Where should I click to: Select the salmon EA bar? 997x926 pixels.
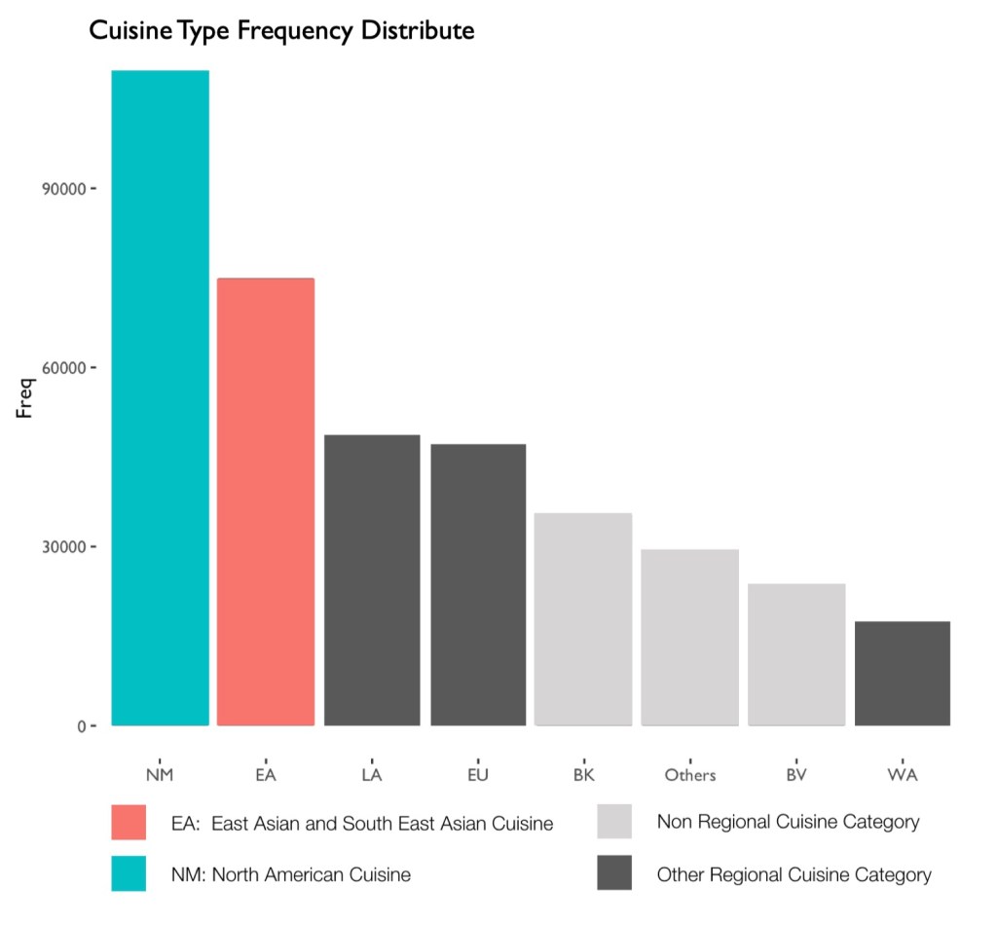(266, 501)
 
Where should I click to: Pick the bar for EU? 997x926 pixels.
(478, 584)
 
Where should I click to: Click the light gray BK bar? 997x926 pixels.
(583, 618)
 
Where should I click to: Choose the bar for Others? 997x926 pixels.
(689, 637)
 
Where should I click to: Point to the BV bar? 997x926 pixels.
(796, 654)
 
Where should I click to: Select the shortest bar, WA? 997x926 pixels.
(902, 673)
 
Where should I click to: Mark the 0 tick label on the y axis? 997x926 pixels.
(81, 726)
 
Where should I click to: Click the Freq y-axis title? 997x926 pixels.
(26, 399)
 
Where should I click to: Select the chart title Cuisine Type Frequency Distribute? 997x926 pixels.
(281, 31)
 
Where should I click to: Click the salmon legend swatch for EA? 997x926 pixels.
(129, 822)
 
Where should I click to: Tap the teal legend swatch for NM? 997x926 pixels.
(129, 873)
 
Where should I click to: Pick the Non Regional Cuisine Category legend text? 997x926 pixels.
(788, 822)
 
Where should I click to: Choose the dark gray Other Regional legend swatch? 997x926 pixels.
(614, 873)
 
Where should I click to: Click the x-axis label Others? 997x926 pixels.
(689, 775)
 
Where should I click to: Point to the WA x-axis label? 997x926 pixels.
(903, 775)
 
